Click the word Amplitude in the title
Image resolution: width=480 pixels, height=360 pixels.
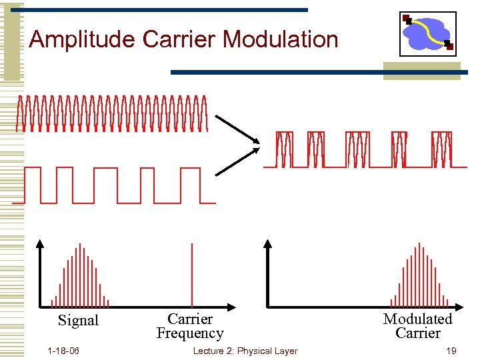[x=83, y=39]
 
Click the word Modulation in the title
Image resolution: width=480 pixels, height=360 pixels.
[x=281, y=39]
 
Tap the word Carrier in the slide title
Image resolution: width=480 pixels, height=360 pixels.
[x=179, y=39]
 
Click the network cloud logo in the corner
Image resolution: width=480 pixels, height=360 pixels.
[x=428, y=33]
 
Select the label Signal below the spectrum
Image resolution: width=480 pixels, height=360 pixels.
[x=78, y=321]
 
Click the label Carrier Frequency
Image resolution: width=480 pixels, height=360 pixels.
[x=190, y=326]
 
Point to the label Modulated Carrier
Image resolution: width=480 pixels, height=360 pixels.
[x=417, y=326]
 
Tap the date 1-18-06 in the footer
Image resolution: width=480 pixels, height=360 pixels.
[x=63, y=351]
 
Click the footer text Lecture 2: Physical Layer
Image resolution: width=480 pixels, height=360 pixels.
[x=245, y=351]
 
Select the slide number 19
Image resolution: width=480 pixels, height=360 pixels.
[x=451, y=351]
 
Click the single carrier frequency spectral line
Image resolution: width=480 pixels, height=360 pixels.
[x=192, y=275]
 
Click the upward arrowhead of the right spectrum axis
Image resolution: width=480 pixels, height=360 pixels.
[x=268, y=243]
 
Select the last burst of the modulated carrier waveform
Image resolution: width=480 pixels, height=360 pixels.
[x=441, y=149]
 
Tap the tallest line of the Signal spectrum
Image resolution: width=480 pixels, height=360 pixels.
[x=80, y=275]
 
